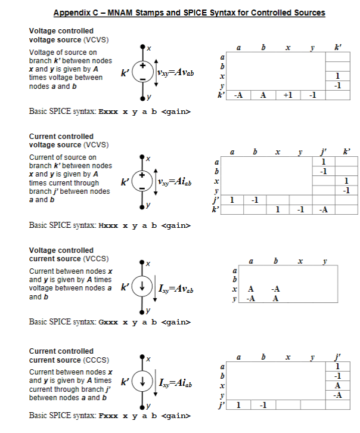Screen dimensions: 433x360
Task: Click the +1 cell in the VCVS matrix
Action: point(287,95)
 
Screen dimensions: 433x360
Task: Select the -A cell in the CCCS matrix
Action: point(338,394)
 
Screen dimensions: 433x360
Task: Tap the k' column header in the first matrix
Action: point(338,48)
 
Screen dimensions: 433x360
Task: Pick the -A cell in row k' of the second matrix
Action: point(322,210)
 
